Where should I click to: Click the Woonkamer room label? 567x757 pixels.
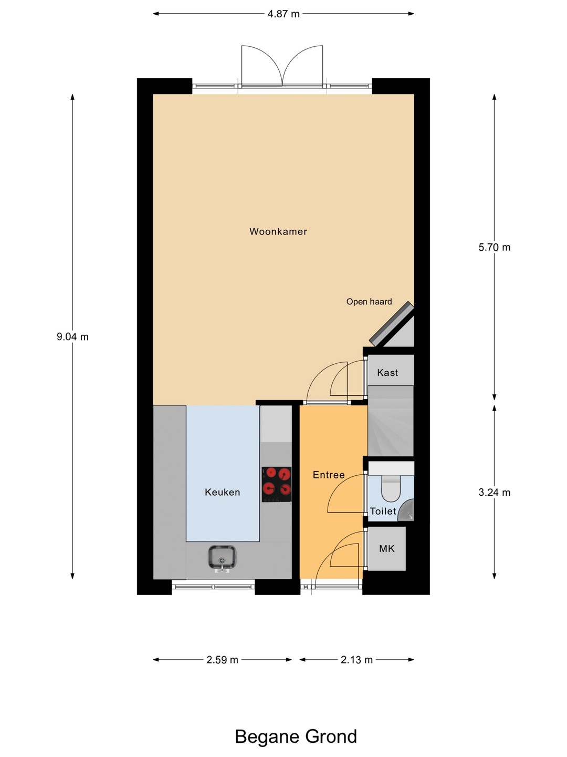(278, 231)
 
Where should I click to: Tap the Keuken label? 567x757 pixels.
(223, 492)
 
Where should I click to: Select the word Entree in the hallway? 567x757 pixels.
(329, 475)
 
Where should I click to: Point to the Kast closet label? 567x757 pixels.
(387, 373)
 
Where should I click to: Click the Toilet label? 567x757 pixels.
(383, 511)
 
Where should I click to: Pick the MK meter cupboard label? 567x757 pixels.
(387, 548)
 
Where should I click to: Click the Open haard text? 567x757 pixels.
(369, 302)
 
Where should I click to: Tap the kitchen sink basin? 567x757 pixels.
(222, 557)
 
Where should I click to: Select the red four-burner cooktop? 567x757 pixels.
(277, 484)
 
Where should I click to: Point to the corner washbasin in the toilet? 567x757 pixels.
(406, 511)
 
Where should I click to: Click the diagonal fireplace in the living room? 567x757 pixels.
(392, 323)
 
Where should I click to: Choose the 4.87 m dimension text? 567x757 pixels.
(283, 14)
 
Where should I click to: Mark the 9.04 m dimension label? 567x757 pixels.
(72, 336)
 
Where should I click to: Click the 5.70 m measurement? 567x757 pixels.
(495, 247)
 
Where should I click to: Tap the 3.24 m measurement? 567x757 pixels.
(495, 493)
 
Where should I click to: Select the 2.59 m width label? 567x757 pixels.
(223, 660)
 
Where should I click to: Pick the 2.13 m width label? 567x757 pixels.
(356, 660)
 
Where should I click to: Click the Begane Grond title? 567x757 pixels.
(296, 733)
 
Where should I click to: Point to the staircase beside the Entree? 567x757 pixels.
(391, 421)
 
